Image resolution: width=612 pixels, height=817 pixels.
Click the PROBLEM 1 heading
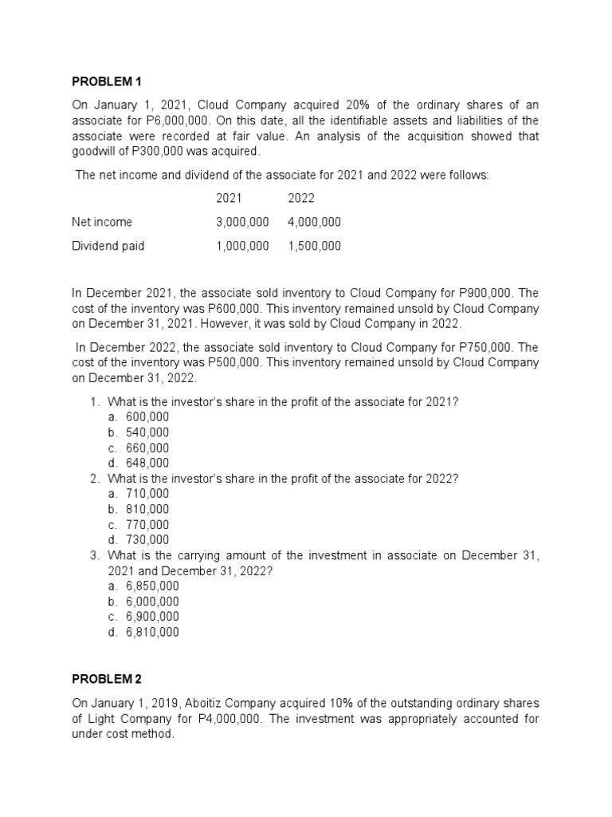[106, 81]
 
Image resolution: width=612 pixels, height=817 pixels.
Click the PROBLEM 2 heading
[106, 679]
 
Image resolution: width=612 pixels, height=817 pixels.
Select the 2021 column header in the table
[229, 198]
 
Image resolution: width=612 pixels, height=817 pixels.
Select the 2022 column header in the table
[300, 198]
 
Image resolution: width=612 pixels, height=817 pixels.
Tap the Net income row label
[102, 222]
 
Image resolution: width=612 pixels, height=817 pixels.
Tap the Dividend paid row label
[108, 246]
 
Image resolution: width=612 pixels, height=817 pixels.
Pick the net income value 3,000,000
[242, 222]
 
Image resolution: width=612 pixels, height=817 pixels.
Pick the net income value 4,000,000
[314, 222]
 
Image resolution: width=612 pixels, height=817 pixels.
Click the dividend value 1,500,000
[314, 246]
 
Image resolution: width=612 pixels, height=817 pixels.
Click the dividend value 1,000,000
[242, 246]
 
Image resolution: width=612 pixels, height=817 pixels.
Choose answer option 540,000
[147, 432]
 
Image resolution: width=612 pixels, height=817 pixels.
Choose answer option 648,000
[147, 463]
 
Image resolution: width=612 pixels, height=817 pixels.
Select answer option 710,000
[147, 494]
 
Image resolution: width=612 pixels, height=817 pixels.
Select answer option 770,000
[147, 524]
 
